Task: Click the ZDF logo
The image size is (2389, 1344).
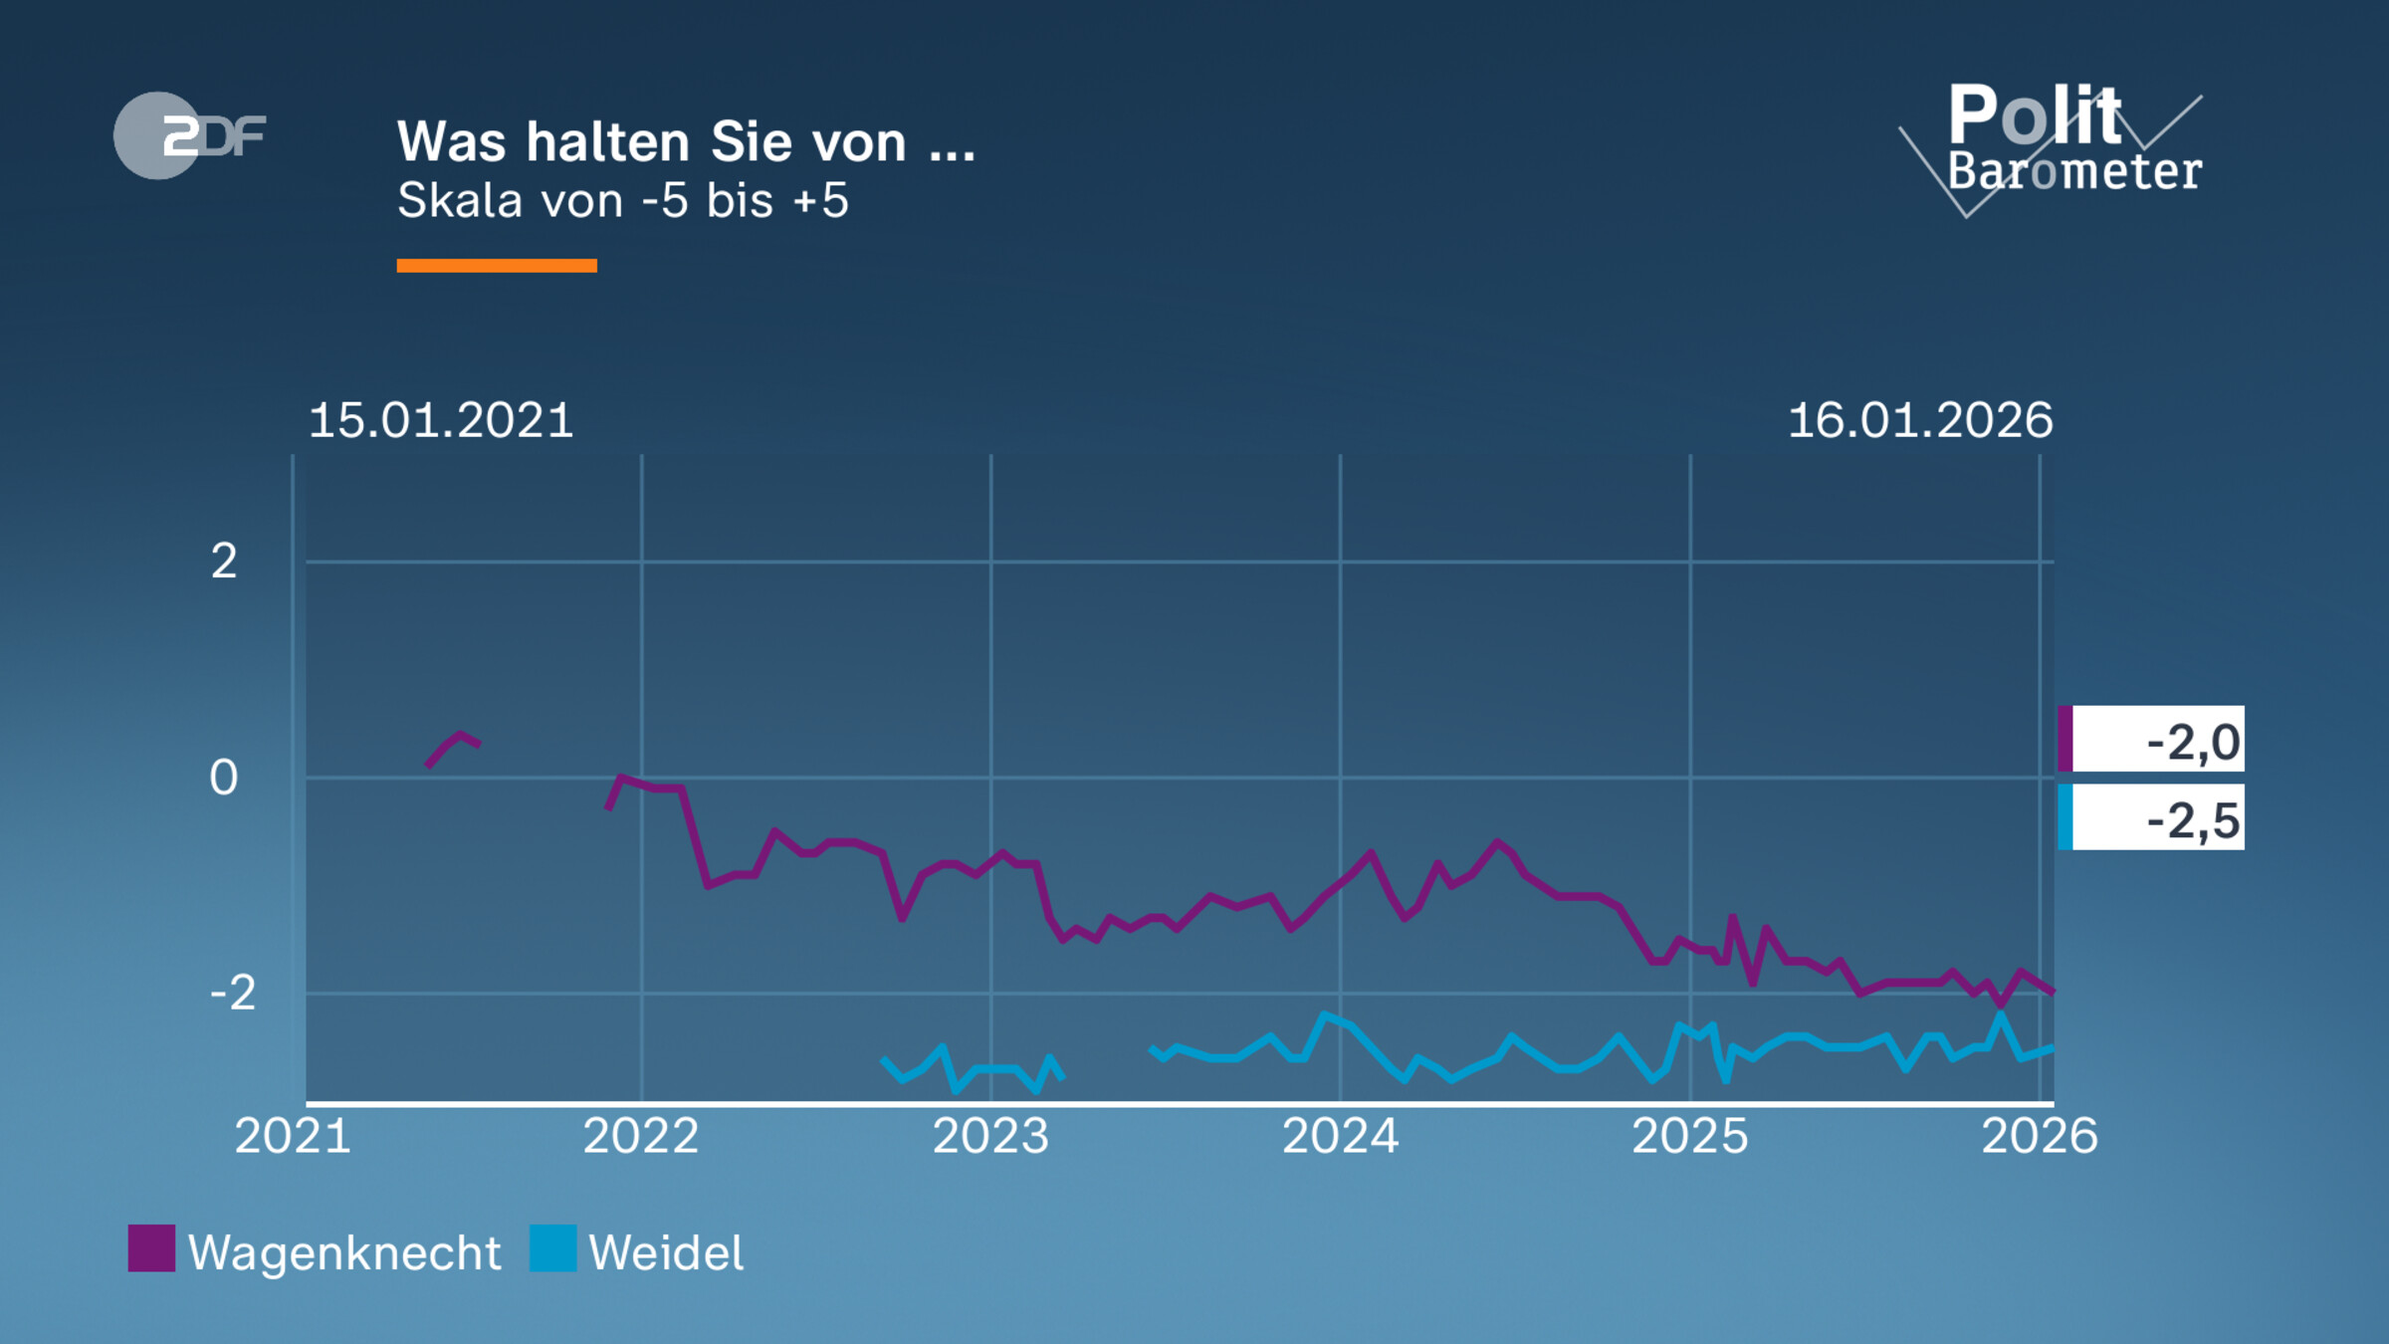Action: (x=189, y=135)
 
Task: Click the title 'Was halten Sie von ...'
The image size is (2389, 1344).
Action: (x=686, y=141)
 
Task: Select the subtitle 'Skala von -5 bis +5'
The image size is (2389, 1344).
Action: (x=622, y=200)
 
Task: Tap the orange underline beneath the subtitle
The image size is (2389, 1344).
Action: (x=497, y=265)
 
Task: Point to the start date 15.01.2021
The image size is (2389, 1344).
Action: (x=441, y=420)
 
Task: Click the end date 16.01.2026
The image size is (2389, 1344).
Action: (x=1919, y=420)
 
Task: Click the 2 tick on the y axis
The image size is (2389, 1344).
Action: (x=224, y=561)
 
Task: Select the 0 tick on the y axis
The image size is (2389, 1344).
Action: (x=224, y=778)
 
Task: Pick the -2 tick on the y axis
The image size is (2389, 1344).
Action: (x=233, y=993)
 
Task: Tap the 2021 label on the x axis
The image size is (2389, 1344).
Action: (x=293, y=1136)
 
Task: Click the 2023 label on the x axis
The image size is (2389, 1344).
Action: (x=990, y=1136)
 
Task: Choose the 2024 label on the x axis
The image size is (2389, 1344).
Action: (x=1340, y=1136)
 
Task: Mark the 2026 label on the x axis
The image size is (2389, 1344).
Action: (x=2039, y=1136)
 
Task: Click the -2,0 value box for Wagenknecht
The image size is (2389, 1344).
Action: (x=2152, y=740)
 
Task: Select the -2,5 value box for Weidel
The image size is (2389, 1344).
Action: (x=2152, y=817)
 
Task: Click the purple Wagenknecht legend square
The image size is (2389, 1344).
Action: (x=151, y=1248)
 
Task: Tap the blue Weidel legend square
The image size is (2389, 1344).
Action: (x=552, y=1248)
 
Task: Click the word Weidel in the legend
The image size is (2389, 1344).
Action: (x=666, y=1252)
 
